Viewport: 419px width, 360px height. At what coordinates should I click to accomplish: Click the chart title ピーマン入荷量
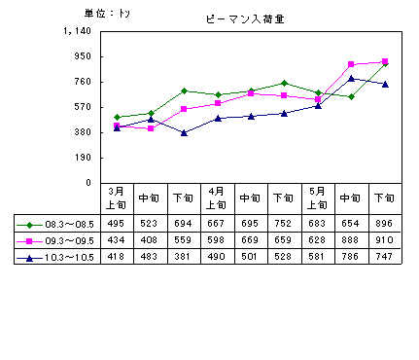coord(245,19)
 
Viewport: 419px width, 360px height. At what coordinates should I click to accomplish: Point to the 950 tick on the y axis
coord(83,56)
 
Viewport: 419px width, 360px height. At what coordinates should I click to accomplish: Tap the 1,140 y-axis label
coord(77,31)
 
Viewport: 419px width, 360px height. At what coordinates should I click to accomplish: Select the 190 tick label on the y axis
coord(83,158)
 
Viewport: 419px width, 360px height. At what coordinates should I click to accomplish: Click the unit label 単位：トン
coord(107,14)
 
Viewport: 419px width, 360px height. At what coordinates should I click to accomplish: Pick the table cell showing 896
coord(384,224)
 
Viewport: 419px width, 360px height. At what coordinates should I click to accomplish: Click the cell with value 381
coord(182,257)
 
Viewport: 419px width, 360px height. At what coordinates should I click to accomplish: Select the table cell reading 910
coord(384,240)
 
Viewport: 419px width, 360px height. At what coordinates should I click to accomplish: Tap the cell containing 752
coord(283,224)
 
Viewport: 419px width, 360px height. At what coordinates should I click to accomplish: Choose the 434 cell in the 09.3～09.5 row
coord(116,240)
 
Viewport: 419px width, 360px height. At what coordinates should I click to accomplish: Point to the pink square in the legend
coord(29,241)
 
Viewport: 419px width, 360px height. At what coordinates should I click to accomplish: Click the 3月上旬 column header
coord(116,198)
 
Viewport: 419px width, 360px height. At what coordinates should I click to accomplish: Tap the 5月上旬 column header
coord(317,198)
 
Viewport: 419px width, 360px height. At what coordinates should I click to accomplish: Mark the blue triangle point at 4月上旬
coord(218,119)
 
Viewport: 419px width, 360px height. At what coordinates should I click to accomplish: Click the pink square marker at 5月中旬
coord(351,64)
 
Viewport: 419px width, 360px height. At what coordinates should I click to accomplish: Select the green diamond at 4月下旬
coord(284,84)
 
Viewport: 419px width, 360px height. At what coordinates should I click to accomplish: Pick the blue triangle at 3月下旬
coord(184,132)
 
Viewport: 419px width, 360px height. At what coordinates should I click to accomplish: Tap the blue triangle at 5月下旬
coord(385,85)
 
